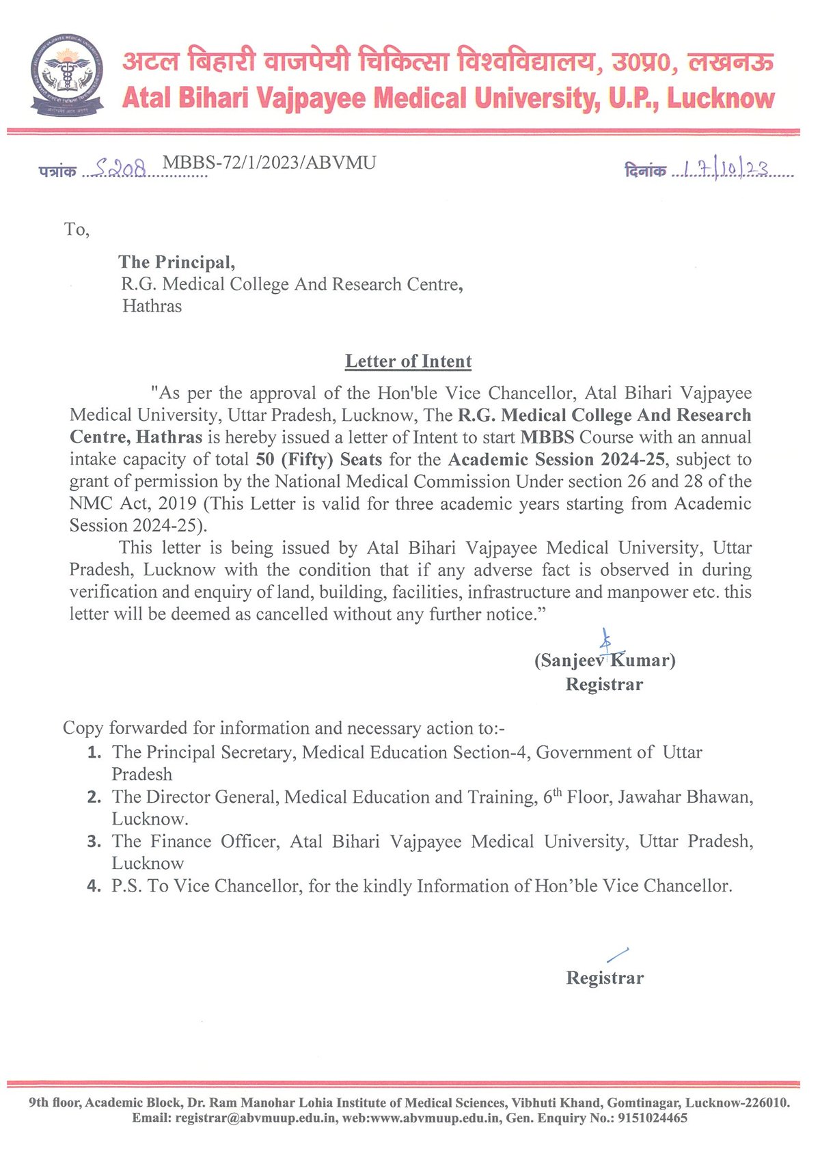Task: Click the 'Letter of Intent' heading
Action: click(x=408, y=361)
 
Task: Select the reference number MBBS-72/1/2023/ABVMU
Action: click(x=269, y=163)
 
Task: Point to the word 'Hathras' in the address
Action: click(x=152, y=306)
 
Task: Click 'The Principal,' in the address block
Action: click(x=176, y=262)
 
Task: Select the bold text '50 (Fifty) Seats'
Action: click(x=318, y=460)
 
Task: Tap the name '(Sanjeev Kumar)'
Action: click(x=605, y=661)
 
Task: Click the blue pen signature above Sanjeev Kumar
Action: click(x=604, y=641)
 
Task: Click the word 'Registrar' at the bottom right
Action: click(x=605, y=978)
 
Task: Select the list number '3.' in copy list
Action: click(x=94, y=842)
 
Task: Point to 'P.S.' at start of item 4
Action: click(x=126, y=886)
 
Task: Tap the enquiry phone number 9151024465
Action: click(x=653, y=1118)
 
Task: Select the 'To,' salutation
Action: click(x=77, y=230)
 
